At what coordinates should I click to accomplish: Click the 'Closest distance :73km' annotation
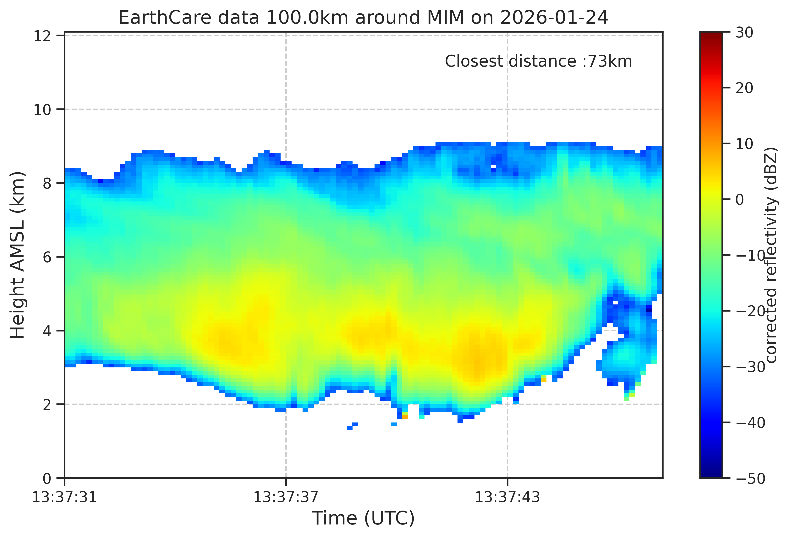539,61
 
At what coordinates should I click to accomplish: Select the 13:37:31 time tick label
64,498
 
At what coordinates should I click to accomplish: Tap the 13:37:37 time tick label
286,498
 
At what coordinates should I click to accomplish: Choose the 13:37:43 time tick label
507,498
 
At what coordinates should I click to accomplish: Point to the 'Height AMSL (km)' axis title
18,255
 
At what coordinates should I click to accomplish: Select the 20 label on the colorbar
744,88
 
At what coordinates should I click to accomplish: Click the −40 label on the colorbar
750,423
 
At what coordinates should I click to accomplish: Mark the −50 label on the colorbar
750,479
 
